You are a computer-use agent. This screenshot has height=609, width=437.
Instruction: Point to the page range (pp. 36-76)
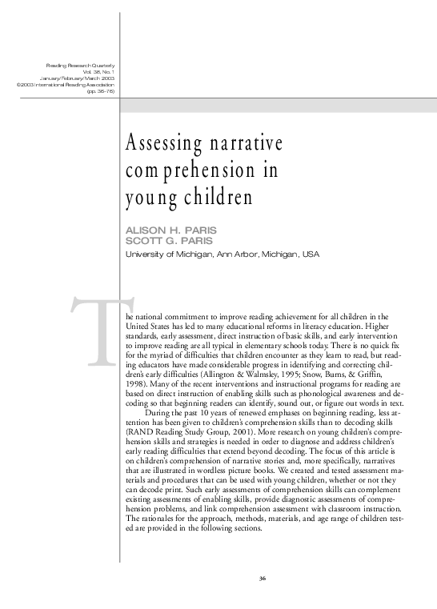pos(101,90)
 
